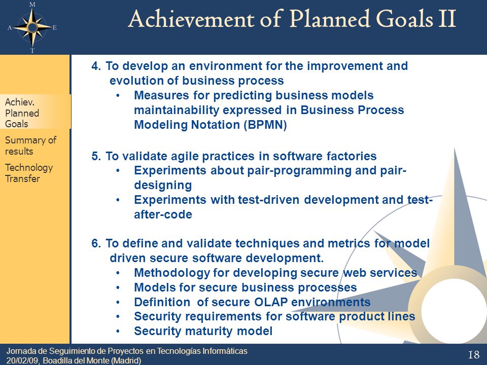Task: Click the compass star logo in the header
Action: pyautogui.click(x=32, y=27)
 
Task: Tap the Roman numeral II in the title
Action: pyautogui.click(x=447, y=19)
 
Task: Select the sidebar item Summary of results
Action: pyautogui.click(x=30, y=145)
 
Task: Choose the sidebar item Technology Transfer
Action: pyautogui.click(x=29, y=173)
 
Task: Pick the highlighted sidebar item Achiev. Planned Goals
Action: pyautogui.click(x=22, y=113)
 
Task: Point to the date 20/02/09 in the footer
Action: pyautogui.click(x=23, y=360)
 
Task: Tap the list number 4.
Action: pyautogui.click(x=96, y=66)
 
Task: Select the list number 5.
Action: pyautogui.click(x=96, y=156)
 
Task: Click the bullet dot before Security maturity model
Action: pyautogui.click(x=118, y=332)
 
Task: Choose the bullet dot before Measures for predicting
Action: pyautogui.click(x=118, y=96)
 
